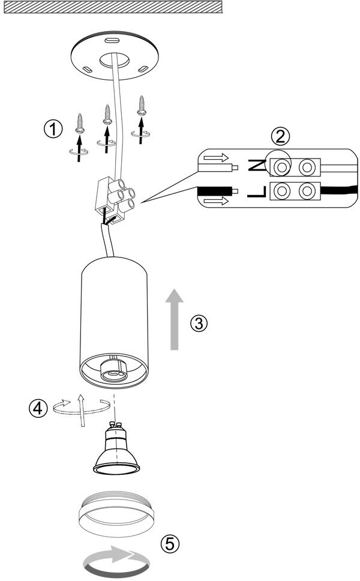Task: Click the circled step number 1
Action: tap(53, 128)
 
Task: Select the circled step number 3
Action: tap(199, 323)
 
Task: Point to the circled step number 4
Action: tap(38, 408)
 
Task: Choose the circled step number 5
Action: tap(170, 543)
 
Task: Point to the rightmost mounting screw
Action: tap(142, 106)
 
